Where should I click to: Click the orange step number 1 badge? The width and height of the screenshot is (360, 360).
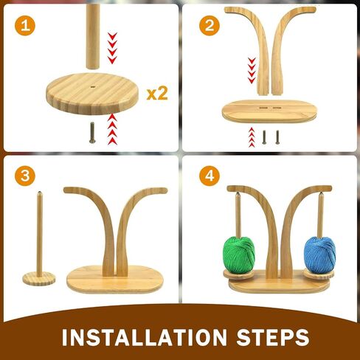25,26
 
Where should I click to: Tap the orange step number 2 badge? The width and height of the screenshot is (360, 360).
210,26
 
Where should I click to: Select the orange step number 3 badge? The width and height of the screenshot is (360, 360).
25,176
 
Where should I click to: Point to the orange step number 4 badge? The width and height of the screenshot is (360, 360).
210,176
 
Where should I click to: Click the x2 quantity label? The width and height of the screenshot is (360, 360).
157,94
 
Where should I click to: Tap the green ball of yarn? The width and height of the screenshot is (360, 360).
239,255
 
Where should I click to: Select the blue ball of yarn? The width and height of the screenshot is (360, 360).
319,255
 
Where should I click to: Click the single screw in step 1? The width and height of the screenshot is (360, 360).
92,133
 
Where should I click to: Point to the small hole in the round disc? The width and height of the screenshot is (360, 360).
93,87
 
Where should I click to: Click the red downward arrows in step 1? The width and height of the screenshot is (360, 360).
112,48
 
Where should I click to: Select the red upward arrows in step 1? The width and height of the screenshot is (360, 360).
112,129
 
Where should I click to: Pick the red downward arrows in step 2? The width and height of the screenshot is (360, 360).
252,70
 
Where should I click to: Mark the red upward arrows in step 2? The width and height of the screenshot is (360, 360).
252,137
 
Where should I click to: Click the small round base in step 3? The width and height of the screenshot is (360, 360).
39,278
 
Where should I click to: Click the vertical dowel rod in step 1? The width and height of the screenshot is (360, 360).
93,36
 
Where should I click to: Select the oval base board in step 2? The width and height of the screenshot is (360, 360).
269,111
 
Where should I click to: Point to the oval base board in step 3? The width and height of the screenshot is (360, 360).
115,280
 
